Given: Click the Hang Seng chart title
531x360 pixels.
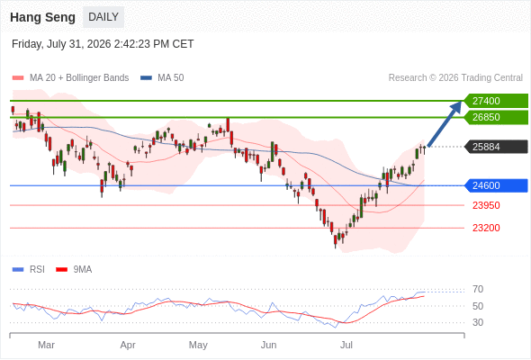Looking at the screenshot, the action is click(x=42, y=17).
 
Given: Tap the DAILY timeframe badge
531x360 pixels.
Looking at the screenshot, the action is click(x=103, y=17).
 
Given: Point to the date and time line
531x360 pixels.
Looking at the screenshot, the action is click(x=103, y=44).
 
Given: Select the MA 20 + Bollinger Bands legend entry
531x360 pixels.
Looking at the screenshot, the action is click(x=70, y=78).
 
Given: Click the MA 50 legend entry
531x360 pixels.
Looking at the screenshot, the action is click(x=162, y=78).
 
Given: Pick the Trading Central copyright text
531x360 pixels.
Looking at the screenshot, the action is click(x=455, y=78).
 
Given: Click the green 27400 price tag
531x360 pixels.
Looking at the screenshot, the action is click(x=497, y=101).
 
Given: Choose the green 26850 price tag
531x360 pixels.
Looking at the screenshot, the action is click(x=497, y=117).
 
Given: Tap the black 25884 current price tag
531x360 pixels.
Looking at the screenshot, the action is click(x=497, y=147).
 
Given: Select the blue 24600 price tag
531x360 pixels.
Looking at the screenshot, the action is click(x=497, y=185).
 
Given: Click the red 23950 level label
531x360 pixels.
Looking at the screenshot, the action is click(x=486, y=205).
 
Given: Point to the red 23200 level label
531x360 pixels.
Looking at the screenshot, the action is click(x=486, y=228).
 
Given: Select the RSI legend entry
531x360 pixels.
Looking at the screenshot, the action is click(x=29, y=270).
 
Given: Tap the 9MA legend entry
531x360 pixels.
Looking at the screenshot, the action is click(x=74, y=270).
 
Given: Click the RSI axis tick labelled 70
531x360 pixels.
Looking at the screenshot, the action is click(x=478, y=289).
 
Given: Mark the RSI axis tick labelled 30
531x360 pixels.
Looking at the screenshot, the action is click(x=478, y=322).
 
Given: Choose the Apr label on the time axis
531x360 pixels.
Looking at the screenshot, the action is click(x=128, y=345).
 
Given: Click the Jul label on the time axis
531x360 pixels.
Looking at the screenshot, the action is click(x=346, y=345).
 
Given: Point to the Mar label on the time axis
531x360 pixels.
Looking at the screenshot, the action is click(x=46, y=345).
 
